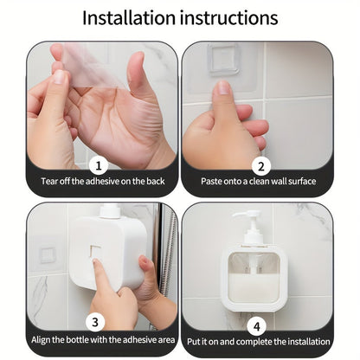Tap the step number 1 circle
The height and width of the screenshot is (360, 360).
pos(100,164)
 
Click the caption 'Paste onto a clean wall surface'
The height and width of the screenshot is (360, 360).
pos(258,182)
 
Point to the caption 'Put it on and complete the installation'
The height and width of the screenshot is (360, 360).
pos(258,340)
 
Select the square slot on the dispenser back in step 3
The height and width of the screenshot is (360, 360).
pos(95,253)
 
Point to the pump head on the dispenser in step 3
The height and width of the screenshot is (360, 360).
pos(109,210)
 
